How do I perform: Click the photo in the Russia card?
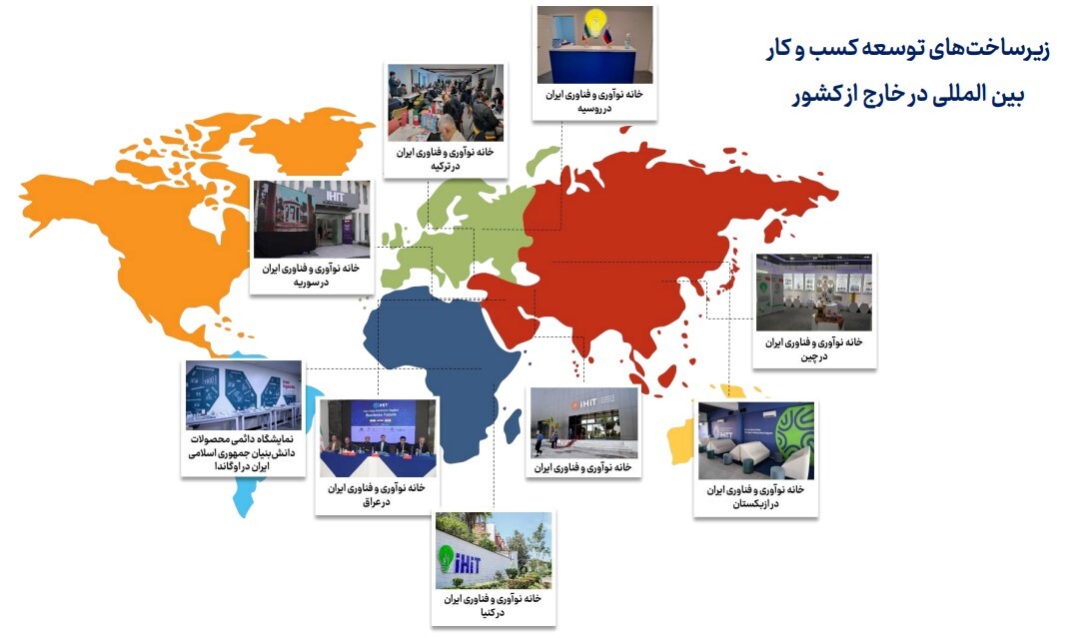(x=593, y=44)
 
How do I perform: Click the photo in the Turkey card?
(x=445, y=103)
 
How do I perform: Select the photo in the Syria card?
(x=312, y=219)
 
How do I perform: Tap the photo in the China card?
(x=813, y=293)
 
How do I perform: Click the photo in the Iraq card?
(x=378, y=436)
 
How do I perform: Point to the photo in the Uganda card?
(x=243, y=394)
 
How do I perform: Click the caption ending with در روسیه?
(x=593, y=100)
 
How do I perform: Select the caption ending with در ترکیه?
(x=446, y=160)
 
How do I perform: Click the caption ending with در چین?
(x=813, y=348)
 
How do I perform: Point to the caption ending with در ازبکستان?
(x=755, y=496)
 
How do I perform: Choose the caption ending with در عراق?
(x=378, y=494)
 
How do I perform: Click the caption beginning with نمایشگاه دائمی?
(x=243, y=452)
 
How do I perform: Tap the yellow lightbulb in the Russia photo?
(x=596, y=22)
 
